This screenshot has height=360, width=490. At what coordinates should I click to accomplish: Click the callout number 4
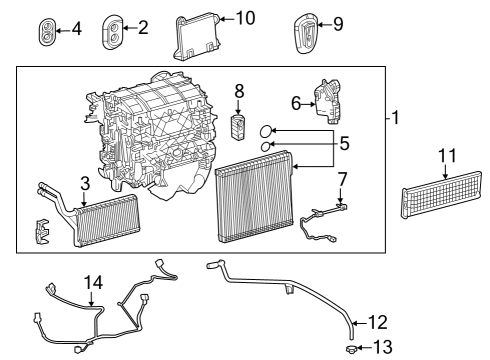77,28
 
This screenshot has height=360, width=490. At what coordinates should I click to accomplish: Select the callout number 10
245,18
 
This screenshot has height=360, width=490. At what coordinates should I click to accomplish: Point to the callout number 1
396,118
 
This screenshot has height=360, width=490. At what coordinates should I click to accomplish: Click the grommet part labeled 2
111,30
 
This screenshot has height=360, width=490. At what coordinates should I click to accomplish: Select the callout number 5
344,143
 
